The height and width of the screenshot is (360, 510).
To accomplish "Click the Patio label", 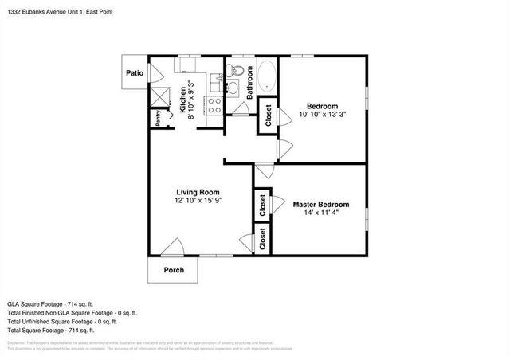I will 133,73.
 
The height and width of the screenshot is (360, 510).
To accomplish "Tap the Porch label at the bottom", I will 174,270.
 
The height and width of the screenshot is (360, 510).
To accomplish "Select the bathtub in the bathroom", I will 265,79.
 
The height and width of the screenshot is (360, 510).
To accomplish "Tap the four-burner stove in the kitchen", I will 214,103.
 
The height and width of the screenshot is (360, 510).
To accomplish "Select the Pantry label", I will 158,118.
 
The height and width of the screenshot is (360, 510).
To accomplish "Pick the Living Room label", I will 198,192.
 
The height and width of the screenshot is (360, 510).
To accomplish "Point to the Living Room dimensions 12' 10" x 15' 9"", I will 198,202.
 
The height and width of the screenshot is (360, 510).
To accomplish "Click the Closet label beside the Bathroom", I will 268,116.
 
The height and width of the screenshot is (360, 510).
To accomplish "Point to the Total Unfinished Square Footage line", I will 62,321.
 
